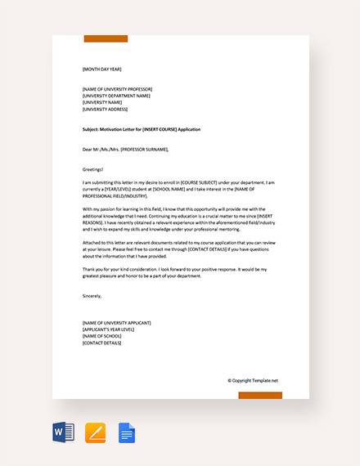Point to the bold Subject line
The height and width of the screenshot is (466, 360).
tap(141, 129)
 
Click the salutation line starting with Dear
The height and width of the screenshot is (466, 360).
tap(125, 150)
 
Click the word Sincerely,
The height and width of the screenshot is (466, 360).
tap(93, 296)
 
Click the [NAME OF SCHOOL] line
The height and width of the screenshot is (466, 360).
tap(102, 336)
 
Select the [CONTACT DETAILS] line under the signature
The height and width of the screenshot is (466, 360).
tap(102, 343)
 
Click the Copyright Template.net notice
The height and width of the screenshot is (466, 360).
tap(253, 380)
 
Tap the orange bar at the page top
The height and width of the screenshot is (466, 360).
tap(105, 38)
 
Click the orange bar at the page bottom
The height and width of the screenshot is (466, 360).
tap(260, 395)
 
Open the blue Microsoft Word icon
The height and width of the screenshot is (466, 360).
tap(63, 432)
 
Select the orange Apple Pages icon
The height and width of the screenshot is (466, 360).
tap(95, 432)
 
